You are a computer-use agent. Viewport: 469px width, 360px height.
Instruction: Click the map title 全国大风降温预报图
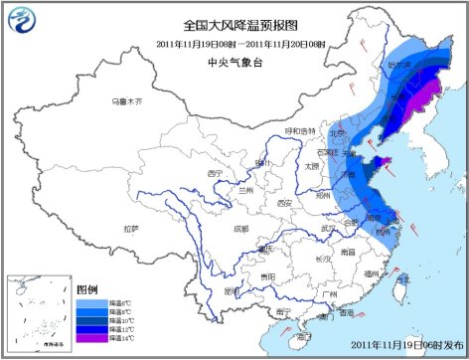[x=234, y=25]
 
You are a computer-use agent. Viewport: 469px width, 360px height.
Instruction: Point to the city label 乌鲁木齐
[x=127, y=101]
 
